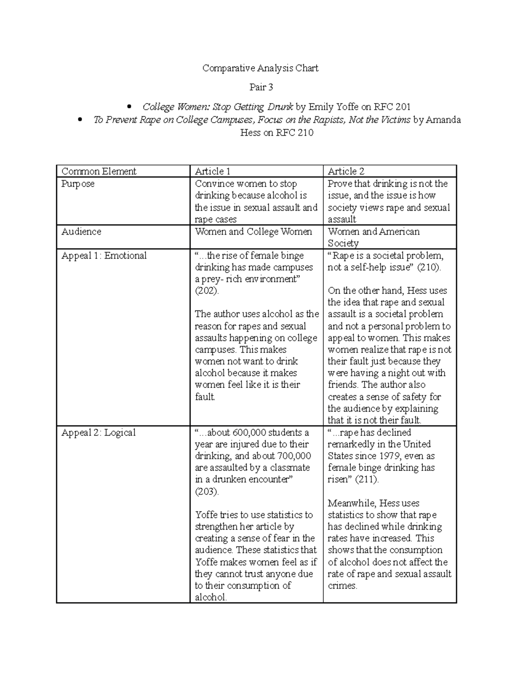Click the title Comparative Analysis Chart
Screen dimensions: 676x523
point(260,68)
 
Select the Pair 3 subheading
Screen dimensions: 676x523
point(261,87)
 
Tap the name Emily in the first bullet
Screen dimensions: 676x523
point(321,107)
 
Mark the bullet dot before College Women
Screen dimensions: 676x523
point(129,107)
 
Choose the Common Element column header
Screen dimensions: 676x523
point(99,171)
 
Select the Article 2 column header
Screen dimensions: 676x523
point(346,171)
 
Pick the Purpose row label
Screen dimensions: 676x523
point(78,184)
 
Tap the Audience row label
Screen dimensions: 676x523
point(81,232)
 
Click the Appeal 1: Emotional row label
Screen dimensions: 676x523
point(104,256)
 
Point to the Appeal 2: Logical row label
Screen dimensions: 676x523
point(98,433)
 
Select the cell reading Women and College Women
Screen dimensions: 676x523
point(253,232)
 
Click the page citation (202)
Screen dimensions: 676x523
point(207,291)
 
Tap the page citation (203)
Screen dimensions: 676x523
point(207,491)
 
